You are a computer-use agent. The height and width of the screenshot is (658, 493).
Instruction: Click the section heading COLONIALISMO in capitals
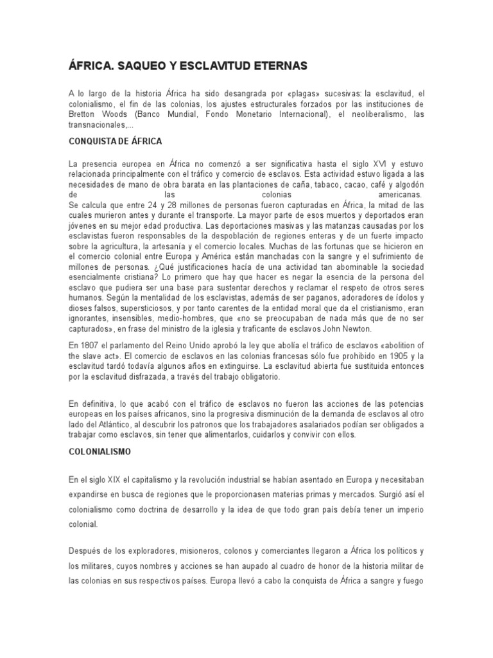99,452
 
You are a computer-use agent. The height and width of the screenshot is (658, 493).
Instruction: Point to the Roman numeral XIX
115,480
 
